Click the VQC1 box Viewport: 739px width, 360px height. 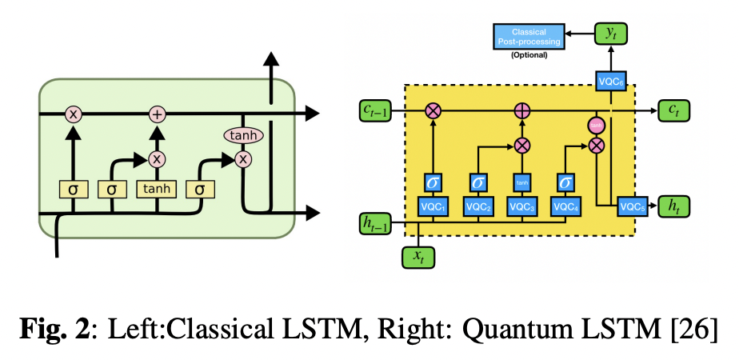tap(433, 206)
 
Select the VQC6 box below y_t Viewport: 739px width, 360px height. tap(610, 81)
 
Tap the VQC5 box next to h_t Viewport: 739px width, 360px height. tap(631, 206)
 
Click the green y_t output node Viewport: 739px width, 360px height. tap(610, 34)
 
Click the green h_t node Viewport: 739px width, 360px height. tap(673, 206)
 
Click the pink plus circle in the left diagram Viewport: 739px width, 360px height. tap(157, 114)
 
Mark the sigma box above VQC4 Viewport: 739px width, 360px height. tap(565, 182)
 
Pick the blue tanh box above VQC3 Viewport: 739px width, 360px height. tap(521, 182)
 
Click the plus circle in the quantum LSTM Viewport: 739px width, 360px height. tap(521, 111)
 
